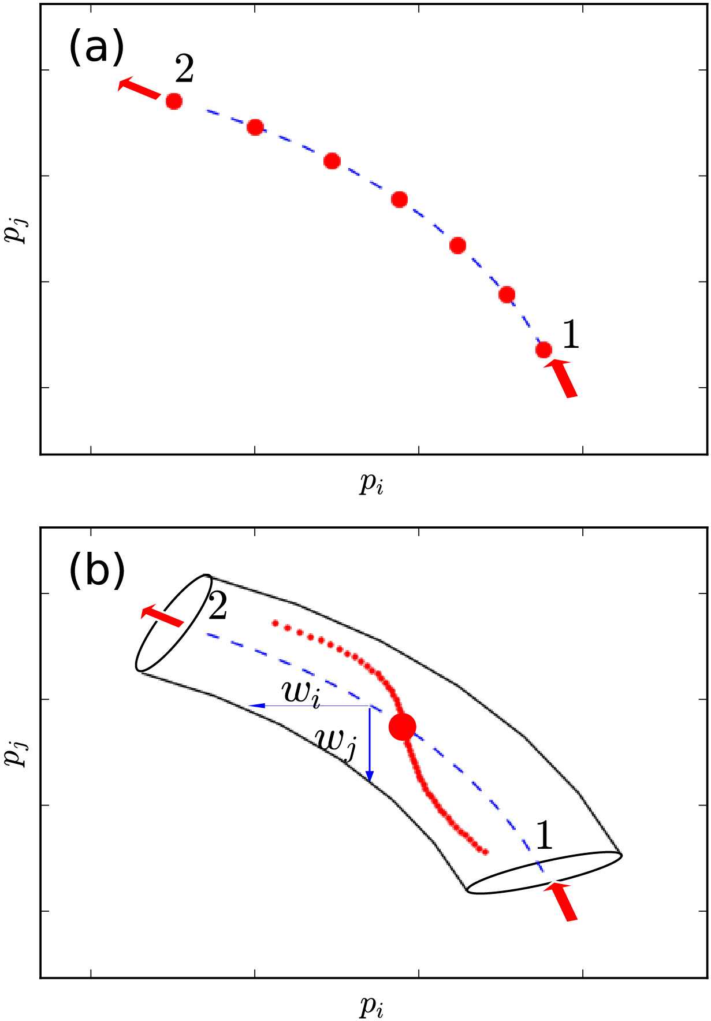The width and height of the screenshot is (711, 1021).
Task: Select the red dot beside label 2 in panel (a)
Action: (x=174, y=102)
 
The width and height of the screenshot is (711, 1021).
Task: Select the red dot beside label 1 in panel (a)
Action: (x=544, y=350)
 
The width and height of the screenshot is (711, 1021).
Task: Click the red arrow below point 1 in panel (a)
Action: (x=561, y=378)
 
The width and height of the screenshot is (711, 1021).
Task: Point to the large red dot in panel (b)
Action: (x=402, y=726)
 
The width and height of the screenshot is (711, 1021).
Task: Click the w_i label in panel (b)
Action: (x=301, y=692)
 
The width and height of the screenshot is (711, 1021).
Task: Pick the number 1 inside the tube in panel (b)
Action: (x=544, y=835)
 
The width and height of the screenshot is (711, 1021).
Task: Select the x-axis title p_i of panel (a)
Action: (x=372, y=484)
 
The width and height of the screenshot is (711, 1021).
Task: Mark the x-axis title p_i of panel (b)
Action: (x=372, y=1007)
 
